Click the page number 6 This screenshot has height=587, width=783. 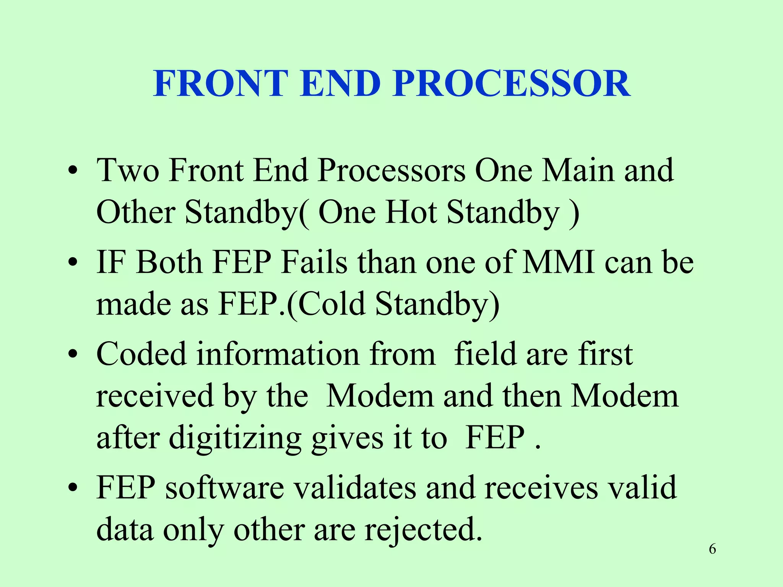pos(712,549)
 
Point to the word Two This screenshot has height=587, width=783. pos(128,170)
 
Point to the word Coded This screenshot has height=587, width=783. pos(141,354)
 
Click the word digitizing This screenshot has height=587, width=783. pos(235,438)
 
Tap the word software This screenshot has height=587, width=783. pos(225,488)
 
